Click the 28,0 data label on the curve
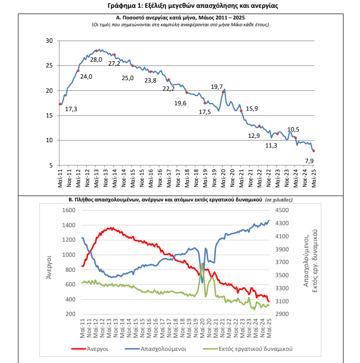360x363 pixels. (96, 60)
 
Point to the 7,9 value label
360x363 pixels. (309, 161)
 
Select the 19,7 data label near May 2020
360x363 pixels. (217, 87)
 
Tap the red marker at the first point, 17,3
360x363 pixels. (60, 104)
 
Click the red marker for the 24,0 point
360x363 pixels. (78, 71)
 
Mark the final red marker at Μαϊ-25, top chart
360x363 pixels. (314, 151)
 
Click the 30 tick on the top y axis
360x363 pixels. (49, 41)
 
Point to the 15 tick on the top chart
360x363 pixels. (49, 115)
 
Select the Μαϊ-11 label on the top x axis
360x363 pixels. (60, 178)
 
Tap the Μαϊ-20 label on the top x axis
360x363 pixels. (223, 178)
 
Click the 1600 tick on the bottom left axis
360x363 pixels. (69, 210)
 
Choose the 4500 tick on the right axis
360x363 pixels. (282, 210)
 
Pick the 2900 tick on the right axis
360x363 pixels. (282, 314)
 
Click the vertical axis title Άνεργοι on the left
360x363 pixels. (49, 267)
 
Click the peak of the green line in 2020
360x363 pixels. (202, 263)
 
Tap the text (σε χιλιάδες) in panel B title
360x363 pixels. (279, 200)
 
